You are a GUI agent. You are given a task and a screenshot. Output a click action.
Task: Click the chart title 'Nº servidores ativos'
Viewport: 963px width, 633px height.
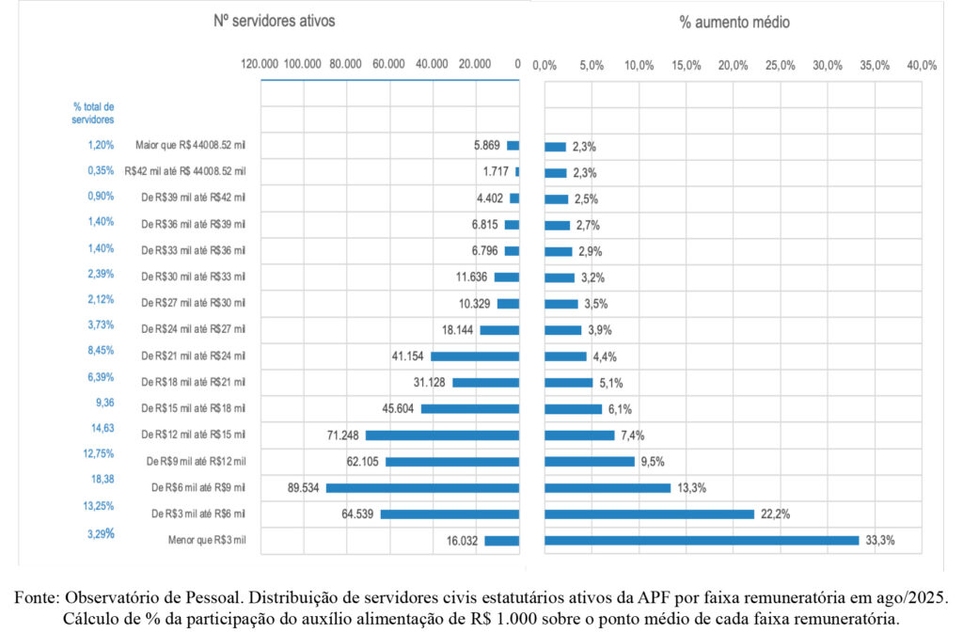[x=274, y=20]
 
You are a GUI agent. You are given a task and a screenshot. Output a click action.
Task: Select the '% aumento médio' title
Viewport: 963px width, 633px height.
[x=734, y=21]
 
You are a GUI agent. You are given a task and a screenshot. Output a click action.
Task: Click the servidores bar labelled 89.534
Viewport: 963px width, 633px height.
[x=422, y=488]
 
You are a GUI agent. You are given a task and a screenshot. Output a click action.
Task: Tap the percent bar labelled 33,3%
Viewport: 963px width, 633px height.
[x=702, y=540]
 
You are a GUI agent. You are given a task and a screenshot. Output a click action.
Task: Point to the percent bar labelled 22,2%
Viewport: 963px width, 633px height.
[x=649, y=514]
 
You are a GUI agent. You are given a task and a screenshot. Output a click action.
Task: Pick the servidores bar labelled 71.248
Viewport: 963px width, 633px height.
[x=442, y=435]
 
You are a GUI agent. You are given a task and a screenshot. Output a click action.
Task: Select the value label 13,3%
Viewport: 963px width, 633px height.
[x=691, y=488]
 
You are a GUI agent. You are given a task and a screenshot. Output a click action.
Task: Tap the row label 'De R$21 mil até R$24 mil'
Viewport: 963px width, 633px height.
[x=193, y=356]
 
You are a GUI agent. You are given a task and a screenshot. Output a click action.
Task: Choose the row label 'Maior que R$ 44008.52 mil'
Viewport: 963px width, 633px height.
[x=190, y=146]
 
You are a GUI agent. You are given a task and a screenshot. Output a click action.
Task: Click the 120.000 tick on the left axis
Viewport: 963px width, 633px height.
[x=260, y=65]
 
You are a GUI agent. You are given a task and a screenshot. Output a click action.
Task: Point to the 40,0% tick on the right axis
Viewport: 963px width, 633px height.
[x=922, y=65]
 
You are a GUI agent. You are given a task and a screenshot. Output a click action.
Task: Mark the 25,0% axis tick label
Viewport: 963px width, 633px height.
[x=781, y=65]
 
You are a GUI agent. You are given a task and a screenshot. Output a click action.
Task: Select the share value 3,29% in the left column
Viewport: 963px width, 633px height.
[x=99, y=533]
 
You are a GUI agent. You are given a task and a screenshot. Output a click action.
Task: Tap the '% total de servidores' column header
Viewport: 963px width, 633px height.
[x=94, y=113]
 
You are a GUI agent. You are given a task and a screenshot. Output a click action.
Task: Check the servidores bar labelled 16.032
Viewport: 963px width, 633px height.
[x=501, y=541]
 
